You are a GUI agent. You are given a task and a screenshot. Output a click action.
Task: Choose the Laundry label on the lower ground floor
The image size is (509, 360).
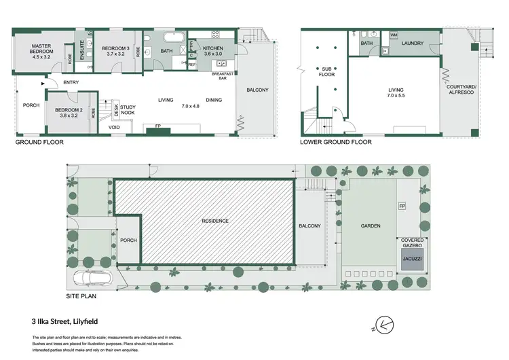412,43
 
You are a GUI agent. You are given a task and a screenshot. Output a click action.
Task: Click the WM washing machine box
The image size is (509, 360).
394,35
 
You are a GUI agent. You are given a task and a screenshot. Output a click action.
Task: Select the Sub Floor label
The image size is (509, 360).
327,71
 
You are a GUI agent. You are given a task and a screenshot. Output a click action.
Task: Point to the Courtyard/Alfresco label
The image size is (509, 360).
464,91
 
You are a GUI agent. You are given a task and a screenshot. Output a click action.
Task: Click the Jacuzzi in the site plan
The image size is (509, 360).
412,259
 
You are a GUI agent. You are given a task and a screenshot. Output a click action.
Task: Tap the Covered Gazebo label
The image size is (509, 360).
412,243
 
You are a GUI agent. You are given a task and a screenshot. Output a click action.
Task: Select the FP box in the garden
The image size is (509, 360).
402,206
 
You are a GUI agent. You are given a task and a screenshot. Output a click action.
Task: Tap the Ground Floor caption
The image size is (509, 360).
39,143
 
